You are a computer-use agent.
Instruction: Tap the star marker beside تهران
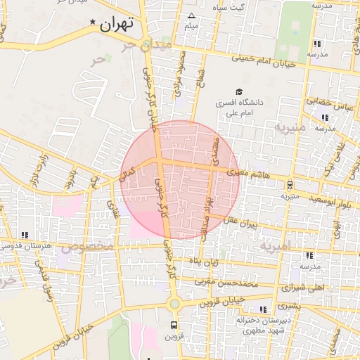point(93,22)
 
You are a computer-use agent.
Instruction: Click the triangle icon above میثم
point(191,15)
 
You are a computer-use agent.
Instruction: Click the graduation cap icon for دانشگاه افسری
point(239,92)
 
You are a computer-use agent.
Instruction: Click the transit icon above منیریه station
point(290,185)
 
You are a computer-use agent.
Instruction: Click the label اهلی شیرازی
point(304,288)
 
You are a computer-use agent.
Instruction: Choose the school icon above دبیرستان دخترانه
point(263,309)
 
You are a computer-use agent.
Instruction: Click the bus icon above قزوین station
point(174,325)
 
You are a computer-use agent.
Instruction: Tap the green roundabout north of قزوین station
point(174,304)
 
